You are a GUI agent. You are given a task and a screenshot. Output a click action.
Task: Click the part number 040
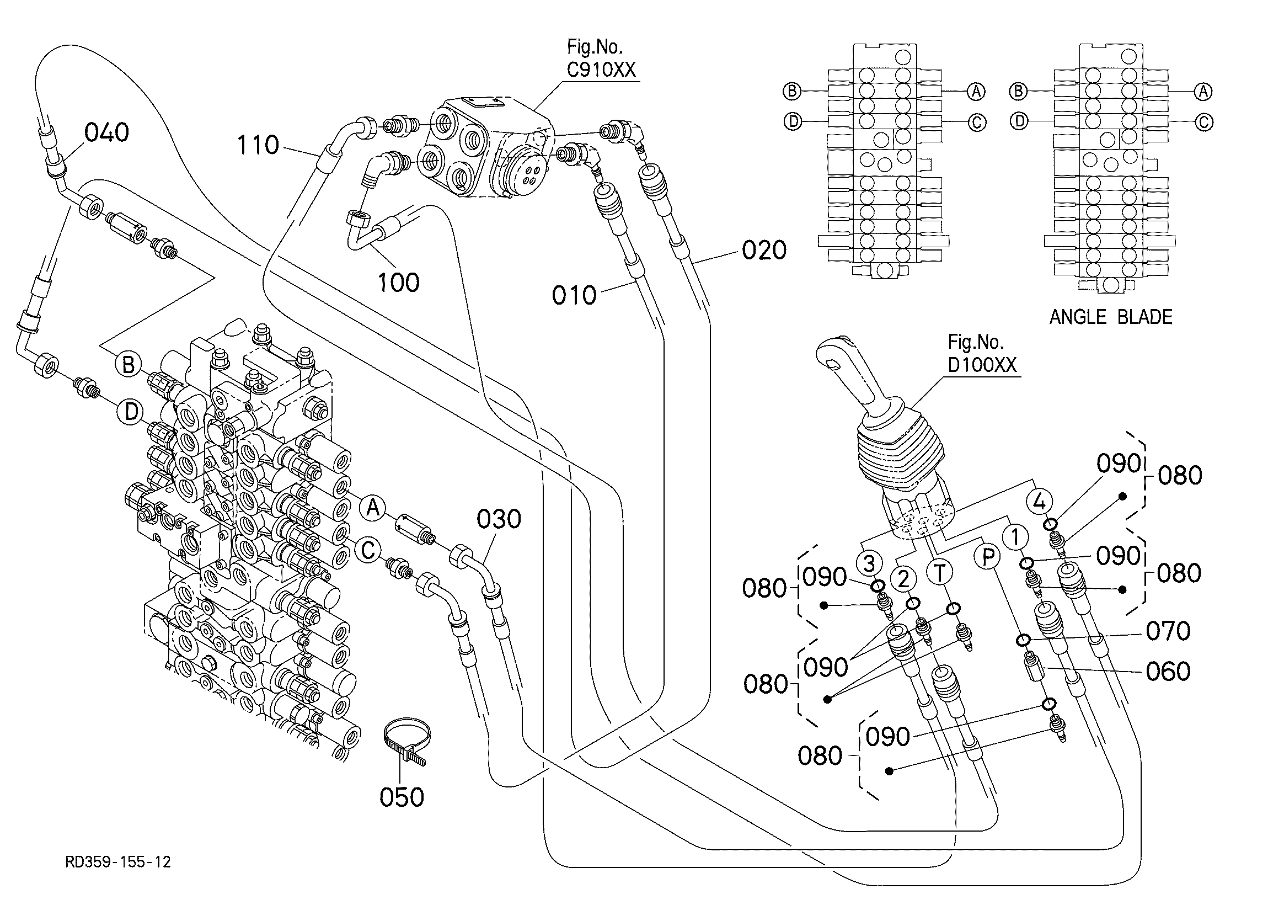tap(106, 133)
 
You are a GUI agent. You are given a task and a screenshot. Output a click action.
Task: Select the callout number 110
tap(258, 146)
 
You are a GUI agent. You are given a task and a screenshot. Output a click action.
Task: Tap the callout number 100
tap(398, 283)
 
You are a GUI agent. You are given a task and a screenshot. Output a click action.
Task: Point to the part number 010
tap(574, 295)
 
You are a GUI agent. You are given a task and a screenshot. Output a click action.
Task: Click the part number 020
tap(764, 250)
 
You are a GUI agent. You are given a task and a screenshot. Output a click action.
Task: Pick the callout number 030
tap(499, 519)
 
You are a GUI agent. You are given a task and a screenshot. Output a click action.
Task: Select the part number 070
tap(1168, 631)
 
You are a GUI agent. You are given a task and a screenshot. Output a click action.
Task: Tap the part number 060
tap(1168, 672)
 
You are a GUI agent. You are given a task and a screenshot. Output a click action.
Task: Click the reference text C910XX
tap(601, 70)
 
